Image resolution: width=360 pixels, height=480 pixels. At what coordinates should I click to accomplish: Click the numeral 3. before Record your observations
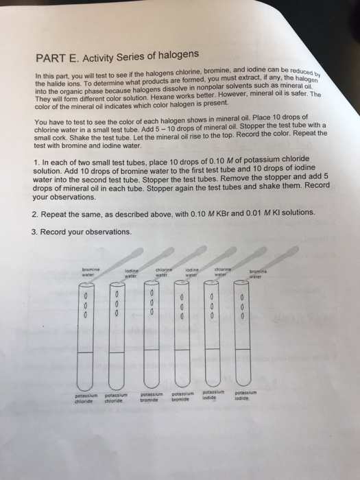(x=34, y=232)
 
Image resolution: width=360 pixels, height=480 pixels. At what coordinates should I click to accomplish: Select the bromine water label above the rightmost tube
(x=258, y=274)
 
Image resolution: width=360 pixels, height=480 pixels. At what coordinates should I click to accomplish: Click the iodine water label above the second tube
(x=132, y=274)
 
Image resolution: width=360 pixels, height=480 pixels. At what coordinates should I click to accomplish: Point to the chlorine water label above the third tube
(x=164, y=272)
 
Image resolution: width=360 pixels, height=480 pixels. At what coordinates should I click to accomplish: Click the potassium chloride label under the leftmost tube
(x=86, y=398)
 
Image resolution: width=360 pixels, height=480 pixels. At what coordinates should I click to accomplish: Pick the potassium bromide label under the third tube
(x=152, y=397)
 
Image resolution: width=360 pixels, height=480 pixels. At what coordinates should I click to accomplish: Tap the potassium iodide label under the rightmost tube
(x=245, y=395)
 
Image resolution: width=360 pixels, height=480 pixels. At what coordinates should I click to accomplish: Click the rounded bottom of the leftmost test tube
(x=85, y=386)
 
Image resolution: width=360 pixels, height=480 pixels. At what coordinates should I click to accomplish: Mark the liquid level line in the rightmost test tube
(x=242, y=349)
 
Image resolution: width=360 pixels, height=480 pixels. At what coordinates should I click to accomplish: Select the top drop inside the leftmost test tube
(x=86, y=296)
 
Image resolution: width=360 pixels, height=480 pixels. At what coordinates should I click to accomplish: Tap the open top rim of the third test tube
(x=152, y=283)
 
